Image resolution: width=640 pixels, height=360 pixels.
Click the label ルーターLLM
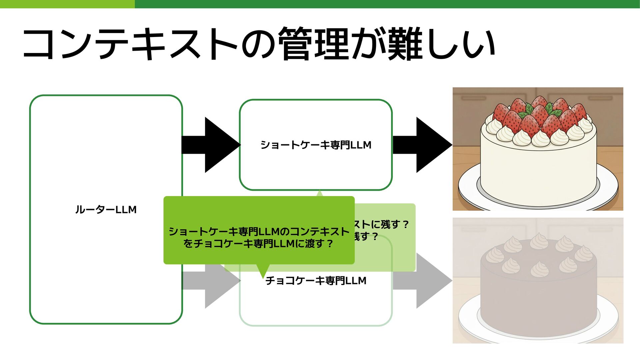pos(106,210)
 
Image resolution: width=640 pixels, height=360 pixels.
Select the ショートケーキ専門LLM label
pos(316,145)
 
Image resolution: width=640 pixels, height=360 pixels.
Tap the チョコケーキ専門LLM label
pos(316,281)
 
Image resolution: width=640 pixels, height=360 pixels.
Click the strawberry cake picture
pos(538,149)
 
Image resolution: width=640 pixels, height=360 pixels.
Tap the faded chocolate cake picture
pos(538,280)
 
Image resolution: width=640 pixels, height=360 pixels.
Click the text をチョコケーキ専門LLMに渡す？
pos(258,244)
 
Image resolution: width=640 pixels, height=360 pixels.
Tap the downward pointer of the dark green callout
pos(263,271)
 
